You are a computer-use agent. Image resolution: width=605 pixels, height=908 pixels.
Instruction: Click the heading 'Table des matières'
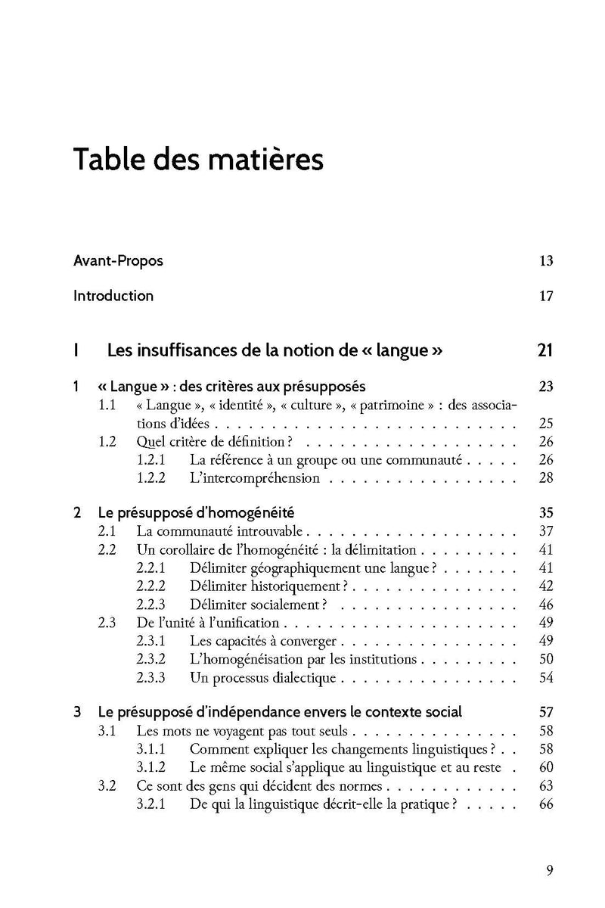[198, 161]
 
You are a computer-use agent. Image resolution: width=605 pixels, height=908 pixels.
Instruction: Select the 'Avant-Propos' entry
[118, 261]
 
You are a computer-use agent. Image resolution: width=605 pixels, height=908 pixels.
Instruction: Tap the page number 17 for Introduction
[547, 296]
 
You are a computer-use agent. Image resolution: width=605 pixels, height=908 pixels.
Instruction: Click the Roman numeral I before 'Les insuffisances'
[76, 350]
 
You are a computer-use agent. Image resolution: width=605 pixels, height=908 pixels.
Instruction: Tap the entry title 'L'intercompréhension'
[254, 478]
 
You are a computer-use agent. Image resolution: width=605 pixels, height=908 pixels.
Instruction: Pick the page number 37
[547, 531]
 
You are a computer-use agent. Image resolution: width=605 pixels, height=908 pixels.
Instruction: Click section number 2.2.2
[154, 586]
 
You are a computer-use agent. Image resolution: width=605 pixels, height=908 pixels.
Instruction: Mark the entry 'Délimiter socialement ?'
[259, 605]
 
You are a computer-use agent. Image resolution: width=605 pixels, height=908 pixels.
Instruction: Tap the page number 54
[547, 677]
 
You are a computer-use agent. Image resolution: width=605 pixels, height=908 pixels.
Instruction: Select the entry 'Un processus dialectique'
[262, 677]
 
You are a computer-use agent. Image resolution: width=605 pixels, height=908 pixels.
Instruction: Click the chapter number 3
[78, 712]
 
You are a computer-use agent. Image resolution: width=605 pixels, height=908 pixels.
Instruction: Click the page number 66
[547, 804]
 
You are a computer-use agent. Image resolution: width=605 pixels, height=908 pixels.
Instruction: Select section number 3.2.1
[154, 804]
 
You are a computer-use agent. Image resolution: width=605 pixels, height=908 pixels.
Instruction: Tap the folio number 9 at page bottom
[550, 869]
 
